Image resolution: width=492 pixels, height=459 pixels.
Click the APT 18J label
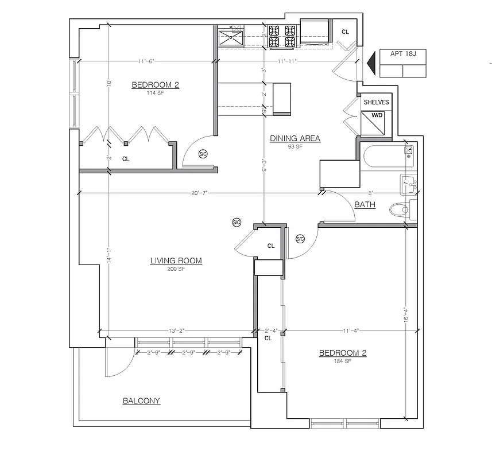pos(403,56)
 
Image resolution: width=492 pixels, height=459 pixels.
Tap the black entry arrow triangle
pos(370,63)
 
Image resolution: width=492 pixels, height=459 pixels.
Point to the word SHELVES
pos(376,102)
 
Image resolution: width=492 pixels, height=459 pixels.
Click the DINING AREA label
pos(295,138)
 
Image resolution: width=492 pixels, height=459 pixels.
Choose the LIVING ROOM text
pos(176,261)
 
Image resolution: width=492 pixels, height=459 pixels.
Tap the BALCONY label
pos(141,401)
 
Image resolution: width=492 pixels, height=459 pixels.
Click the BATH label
pos(365,204)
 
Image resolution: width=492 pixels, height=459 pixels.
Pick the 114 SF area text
pos(155,93)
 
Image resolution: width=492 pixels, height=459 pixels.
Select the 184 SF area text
pos(342,361)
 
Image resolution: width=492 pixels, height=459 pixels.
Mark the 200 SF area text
pos(176,269)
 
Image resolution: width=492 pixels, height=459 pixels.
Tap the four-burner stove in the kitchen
pos(282,36)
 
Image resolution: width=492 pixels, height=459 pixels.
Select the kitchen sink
pos(231,38)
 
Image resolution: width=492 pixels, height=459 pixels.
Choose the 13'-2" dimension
pos(177,330)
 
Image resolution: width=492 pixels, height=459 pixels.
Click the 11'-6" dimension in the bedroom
pos(146,61)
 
